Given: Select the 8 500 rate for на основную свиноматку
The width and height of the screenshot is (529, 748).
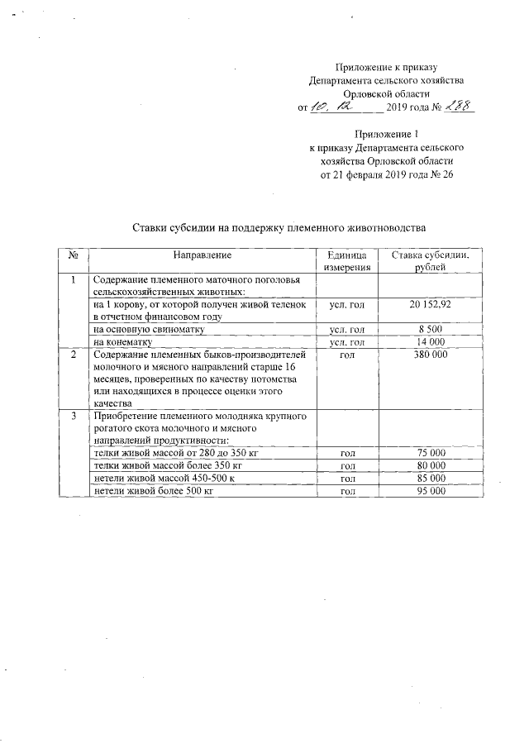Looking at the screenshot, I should pos(430,329).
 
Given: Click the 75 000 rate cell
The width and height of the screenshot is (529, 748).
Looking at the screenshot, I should pos(430,454).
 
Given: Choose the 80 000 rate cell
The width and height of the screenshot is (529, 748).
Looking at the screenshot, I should pos(430,466).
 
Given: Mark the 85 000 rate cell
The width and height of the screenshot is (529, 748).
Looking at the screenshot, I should pos(430,479).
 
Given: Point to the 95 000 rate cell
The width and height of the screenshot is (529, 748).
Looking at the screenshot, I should pos(430,491).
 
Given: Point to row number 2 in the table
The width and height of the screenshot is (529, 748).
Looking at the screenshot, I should pos(73,354).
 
